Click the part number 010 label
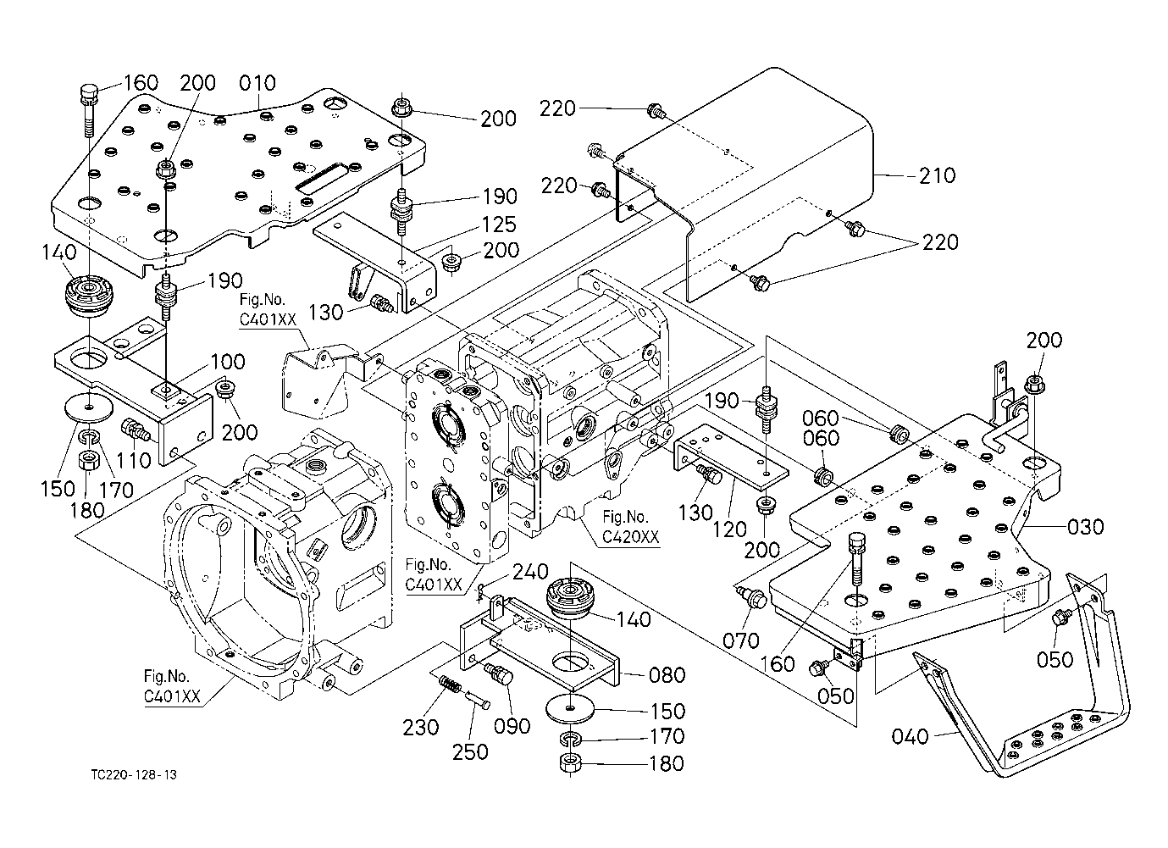[257, 83]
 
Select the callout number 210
[937, 175]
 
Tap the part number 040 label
[911, 737]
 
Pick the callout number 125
[498, 225]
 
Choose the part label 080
[667, 675]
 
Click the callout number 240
[530, 574]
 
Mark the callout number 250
[471, 751]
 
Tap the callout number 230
[421, 727]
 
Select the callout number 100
[227, 362]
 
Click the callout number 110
[134, 460]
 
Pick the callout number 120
[729, 530]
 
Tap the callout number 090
[512, 726]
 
